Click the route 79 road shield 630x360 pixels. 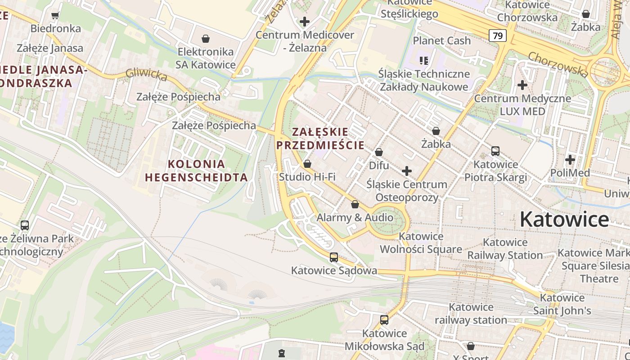coord(497,36)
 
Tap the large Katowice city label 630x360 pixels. coord(564,220)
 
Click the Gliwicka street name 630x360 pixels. coord(146,75)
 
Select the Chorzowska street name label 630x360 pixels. coord(558,64)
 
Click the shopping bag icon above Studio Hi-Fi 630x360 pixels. coord(307,164)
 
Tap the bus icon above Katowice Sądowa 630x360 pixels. coord(333,257)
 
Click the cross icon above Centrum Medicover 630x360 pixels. coord(305,21)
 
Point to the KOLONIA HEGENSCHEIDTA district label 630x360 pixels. coord(196,170)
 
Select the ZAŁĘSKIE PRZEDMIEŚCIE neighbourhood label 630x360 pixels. coord(320,138)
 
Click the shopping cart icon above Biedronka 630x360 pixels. coord(55,16)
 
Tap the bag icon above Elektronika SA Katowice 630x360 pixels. coord(206,39)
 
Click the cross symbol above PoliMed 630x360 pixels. coord(570,160)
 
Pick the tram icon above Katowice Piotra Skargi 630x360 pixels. coord(495,151)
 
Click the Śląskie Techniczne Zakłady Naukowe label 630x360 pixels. coord(424,80)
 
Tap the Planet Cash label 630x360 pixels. coord(441,40)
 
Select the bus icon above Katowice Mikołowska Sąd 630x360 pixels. coord(384,320)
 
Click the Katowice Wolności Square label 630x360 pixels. coord(421,243)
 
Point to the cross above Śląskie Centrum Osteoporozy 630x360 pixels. coord(407,171)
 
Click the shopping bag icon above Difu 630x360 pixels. coord(379,153)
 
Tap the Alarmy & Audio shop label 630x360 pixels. coord(355,217)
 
